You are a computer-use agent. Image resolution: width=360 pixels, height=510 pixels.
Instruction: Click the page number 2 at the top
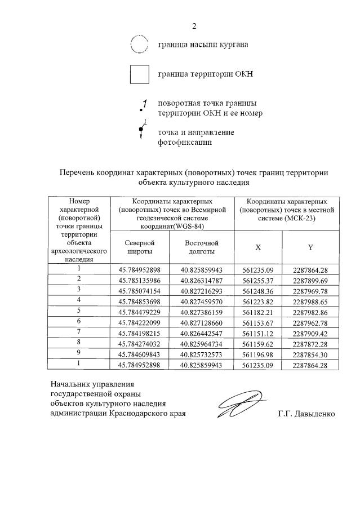coord(194,26)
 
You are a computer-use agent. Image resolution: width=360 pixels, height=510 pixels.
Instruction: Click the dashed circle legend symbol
coord(139,44)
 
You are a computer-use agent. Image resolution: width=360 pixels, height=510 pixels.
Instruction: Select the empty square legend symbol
coord(139,74)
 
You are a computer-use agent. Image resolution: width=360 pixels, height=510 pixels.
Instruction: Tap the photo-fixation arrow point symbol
coord(141,131)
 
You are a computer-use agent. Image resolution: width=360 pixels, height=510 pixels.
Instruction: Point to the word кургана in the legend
coord(232,44)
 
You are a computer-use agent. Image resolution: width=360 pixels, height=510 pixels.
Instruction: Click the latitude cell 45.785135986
coord(139,279)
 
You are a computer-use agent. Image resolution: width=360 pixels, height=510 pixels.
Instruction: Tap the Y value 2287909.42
coord(310,333)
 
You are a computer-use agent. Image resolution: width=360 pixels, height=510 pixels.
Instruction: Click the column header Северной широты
coord(139,247)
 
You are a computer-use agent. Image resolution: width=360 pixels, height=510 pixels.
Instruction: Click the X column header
coord(258,247)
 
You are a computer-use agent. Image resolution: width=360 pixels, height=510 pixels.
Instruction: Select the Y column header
coord(310,247)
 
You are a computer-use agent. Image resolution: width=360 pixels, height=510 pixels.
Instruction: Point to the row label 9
coord(79,354)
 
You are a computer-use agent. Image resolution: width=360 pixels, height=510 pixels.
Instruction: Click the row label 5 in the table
coord(79,312)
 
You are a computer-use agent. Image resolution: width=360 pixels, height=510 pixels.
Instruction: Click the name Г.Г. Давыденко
coord(306,414)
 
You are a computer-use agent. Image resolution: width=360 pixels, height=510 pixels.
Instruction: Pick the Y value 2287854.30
coord(310,354)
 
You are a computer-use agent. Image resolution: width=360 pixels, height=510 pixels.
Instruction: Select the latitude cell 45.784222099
coord(139,322)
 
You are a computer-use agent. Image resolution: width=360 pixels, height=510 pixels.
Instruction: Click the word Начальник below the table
coord(68,384)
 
